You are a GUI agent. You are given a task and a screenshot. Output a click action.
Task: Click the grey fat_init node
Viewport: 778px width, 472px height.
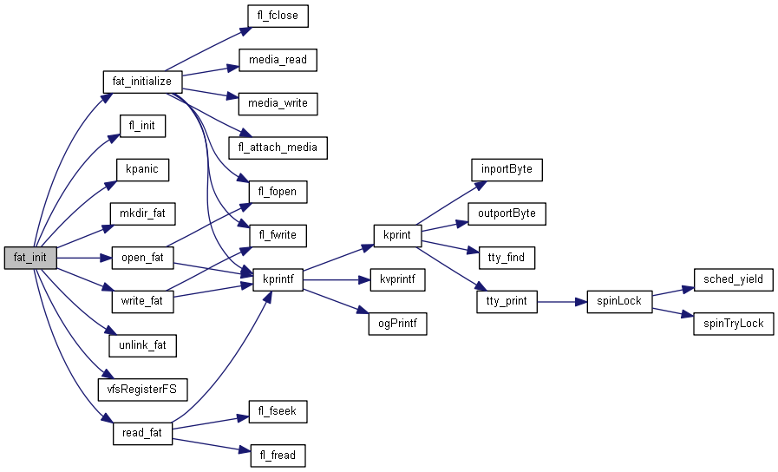click(x=30, y=258)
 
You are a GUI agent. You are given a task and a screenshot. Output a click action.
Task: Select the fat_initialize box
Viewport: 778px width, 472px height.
click(x=142, y=82)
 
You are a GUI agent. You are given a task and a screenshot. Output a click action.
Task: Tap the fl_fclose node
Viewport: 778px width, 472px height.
click(x=273, y=16)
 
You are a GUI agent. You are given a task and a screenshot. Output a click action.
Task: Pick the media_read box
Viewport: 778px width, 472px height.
click(x=278, y=60)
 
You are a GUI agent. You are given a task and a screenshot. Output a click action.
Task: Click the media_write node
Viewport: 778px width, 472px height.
click(x=278, y=103)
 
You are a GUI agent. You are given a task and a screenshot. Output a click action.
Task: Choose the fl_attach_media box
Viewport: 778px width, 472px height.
click(x=278, y=147)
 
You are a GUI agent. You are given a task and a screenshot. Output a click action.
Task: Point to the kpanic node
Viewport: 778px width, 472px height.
click(x=142, y=169)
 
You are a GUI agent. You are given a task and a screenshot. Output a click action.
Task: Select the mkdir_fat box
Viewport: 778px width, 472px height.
click(x=142, y=213)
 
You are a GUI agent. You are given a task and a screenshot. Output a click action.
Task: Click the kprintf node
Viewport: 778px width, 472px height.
click(x=278, y=279)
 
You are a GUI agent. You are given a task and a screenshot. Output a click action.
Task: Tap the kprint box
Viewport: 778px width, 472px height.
click(x=397, y=235)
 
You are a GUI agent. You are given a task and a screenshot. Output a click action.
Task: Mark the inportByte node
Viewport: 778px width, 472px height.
click(x=507, y=169)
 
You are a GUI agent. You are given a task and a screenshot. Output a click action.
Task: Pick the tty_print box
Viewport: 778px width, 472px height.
click(x=507, y=301)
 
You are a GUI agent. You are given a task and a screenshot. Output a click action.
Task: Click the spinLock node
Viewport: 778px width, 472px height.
click(x=619, y=301)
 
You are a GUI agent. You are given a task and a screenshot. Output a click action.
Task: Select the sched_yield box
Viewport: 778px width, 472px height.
click(x=734, y=279)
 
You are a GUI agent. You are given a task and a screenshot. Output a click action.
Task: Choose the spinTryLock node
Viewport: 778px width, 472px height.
click(x=734, y=324)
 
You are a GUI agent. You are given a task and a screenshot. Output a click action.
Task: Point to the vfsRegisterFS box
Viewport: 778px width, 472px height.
click(x=142, y=390)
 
